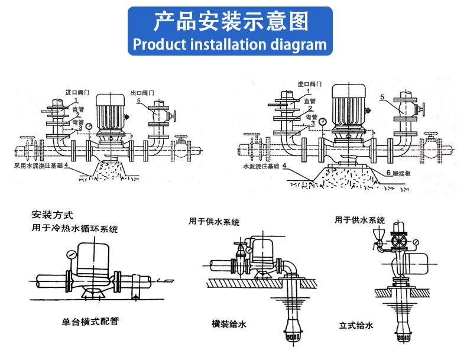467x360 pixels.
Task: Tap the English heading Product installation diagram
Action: point(230,45)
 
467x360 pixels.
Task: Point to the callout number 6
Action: point(372,173)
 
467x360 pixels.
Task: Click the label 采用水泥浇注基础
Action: point(38,167)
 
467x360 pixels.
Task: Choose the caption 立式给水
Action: point(356,325)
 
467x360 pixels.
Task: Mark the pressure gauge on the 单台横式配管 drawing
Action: point(70,255)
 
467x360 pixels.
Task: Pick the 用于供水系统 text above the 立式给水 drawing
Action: point(359,220)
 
